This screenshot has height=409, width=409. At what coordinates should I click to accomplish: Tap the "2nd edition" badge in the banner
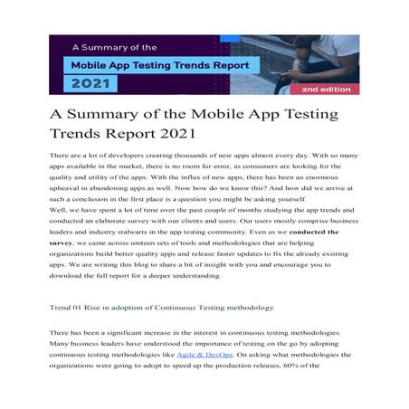click(328, 90)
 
